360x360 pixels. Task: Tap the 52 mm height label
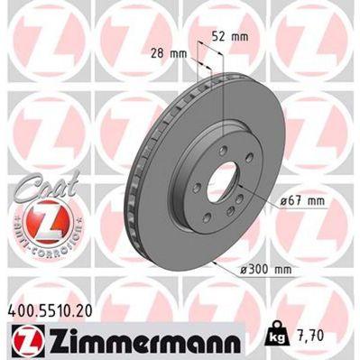pyautogui.click(x=229, y=37)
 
